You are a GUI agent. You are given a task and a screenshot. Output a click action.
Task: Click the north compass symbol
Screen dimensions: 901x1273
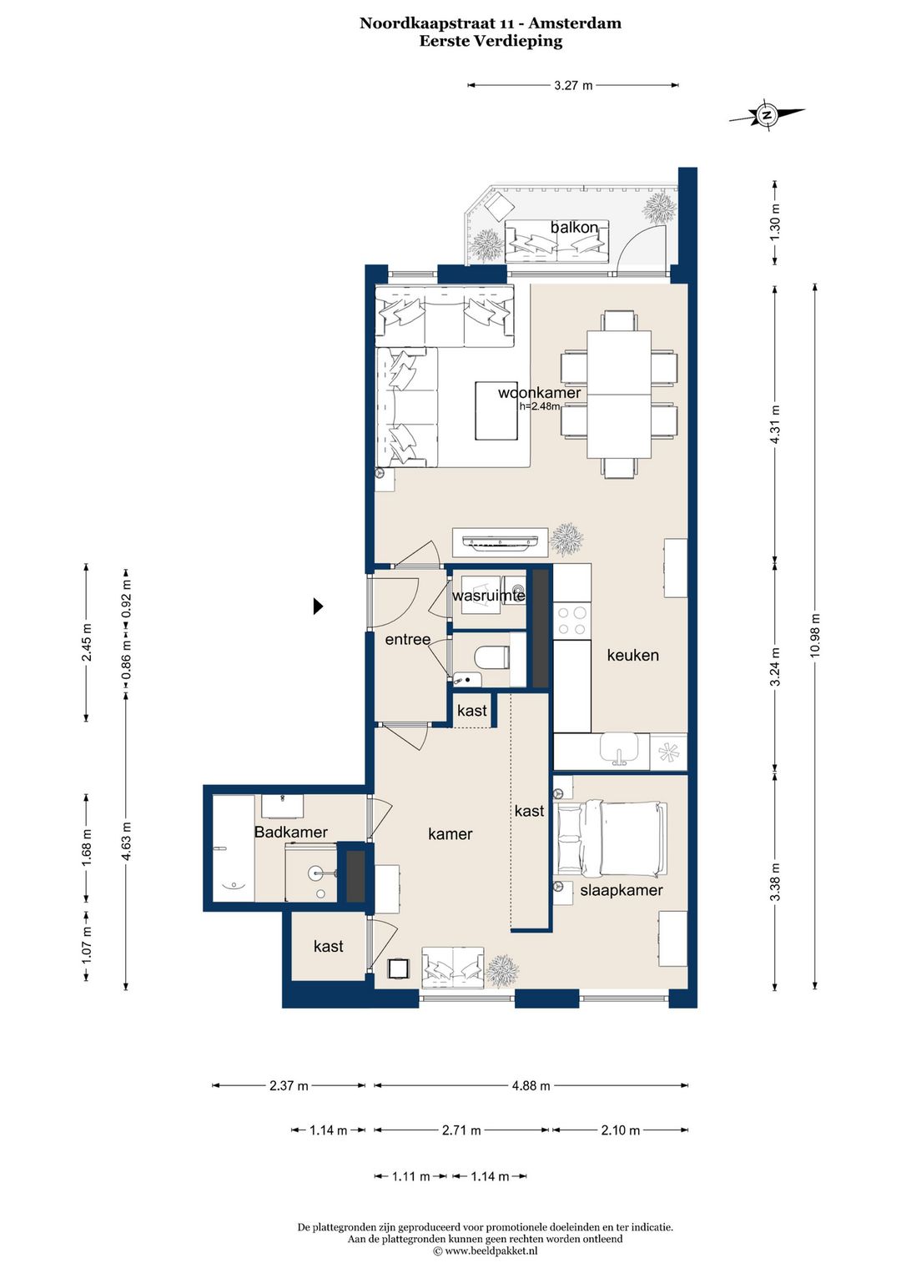click(x=767, y=115)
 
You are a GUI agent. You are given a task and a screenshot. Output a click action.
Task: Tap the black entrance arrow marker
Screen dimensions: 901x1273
click(x=319, y=606)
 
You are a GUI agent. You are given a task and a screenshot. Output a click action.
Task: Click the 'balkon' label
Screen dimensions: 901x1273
click(x=574, y=227)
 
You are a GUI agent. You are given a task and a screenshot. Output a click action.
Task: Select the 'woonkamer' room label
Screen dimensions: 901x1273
click(x=540, y=393)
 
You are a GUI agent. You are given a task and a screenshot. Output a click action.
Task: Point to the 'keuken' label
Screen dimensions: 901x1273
click(x=632, y=655)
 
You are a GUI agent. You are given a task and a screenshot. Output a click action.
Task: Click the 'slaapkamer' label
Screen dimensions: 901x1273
click(x=622, y=890)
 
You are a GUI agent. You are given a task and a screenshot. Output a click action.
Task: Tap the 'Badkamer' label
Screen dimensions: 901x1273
click(x=290, y=832)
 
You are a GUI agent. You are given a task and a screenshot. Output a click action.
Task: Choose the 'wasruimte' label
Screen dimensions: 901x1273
click(x=488, y=596)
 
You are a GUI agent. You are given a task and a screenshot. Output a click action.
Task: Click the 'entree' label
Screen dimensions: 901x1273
click(x=408, y=639)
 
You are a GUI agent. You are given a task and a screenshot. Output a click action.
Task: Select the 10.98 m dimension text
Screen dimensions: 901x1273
click(x=815, y=635)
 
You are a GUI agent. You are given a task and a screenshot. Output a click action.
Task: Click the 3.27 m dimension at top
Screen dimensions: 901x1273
click(x=573, y=85)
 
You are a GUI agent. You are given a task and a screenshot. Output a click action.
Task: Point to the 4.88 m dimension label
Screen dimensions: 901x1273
click(x=531, y=1086)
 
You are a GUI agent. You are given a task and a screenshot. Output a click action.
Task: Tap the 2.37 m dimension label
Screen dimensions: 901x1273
click(x=289, y=1086)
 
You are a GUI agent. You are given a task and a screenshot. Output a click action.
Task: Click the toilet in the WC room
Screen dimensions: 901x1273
click(x=491, y=657)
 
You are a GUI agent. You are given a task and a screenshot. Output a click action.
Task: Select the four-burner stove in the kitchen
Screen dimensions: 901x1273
click(x=572, y=621)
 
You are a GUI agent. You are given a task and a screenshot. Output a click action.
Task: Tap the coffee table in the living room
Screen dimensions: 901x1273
click(x=497, y=411)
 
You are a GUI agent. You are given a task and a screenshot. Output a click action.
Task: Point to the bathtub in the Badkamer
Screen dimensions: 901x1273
click(x=233, y=848)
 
